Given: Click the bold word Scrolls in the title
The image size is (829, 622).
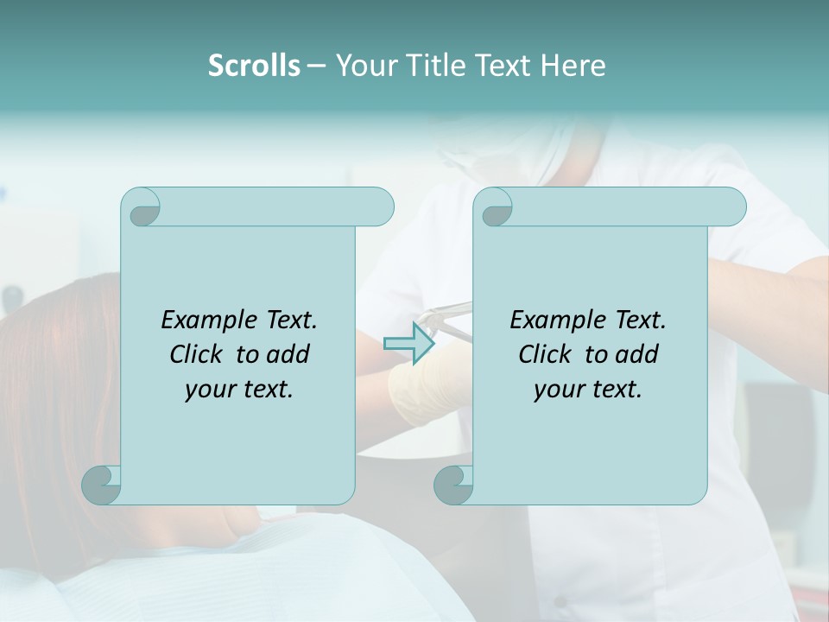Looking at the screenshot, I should click(x=254, y=66).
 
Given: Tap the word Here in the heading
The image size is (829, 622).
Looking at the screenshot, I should click(x=573, y=66).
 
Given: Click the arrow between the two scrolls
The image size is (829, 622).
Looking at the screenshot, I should click(x=408, y=343).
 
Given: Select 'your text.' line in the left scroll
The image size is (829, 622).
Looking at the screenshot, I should click(x=239, y=390).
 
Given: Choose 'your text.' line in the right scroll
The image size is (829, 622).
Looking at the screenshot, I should click(x=588, y=390).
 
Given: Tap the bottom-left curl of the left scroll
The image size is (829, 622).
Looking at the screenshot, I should click(x=101, y=484).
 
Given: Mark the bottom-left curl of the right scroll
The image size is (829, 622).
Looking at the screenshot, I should click(x=453, y=484).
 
